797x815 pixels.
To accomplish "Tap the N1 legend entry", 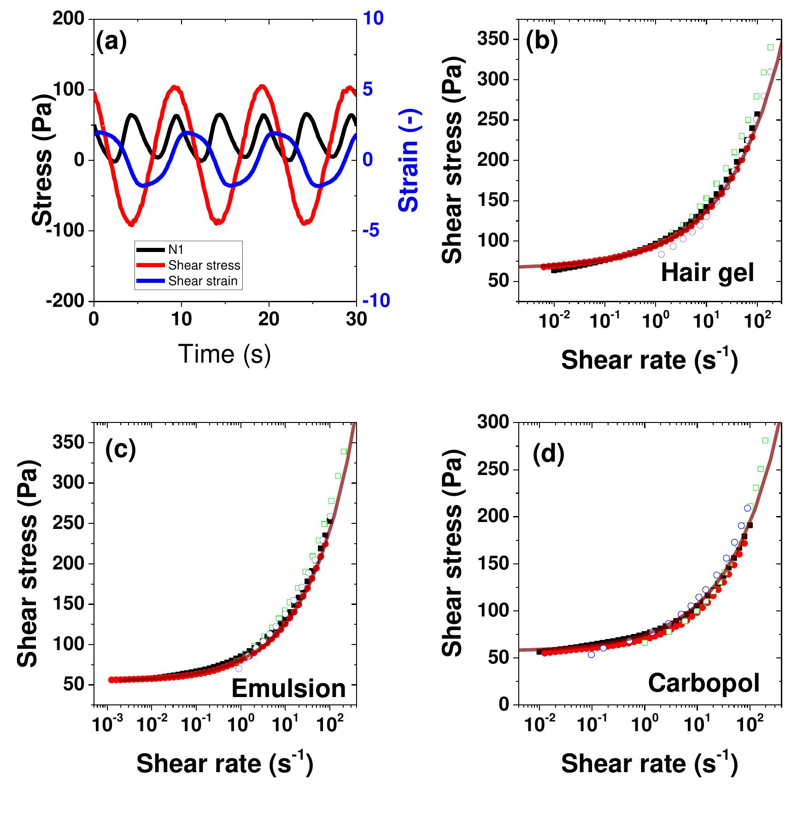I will point(176,250).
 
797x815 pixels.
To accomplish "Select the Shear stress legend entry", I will point(204,266).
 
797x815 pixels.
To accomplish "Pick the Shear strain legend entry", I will point(203,281).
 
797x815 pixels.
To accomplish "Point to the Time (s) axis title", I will point(224,354).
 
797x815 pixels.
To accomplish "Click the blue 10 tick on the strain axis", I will point(373,18).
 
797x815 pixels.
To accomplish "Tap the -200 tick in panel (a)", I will point(65,301).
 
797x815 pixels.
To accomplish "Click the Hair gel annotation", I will point(707,273).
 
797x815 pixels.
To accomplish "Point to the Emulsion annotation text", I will point(288,689).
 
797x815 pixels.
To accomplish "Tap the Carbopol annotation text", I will point(703,683).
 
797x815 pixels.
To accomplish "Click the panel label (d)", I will point(548,455).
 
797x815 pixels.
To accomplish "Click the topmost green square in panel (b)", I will point(770,47).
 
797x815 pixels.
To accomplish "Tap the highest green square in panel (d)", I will point(765,440).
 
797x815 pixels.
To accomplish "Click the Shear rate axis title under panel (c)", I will point(224,763).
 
